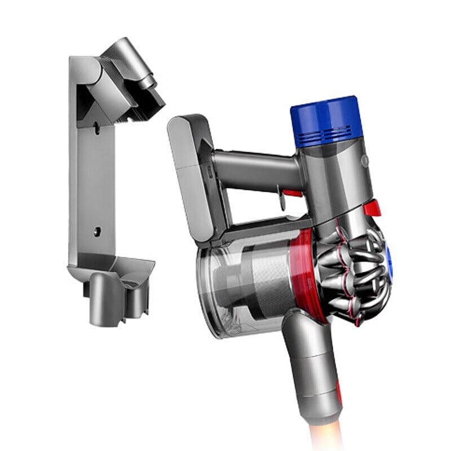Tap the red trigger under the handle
click(x=291, y=193)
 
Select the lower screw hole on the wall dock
click(x=96, y=231)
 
